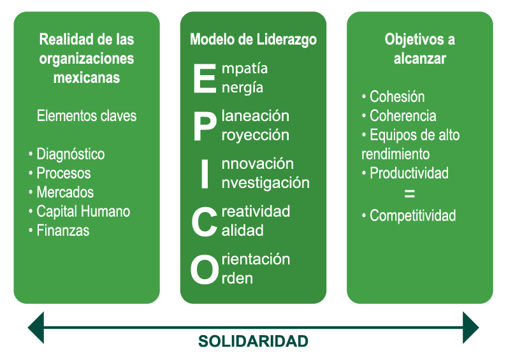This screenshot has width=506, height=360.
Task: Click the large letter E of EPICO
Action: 205,78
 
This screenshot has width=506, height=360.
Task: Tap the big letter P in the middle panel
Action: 205,126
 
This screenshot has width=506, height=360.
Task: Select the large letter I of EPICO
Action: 205,174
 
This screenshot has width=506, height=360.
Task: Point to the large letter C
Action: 204,222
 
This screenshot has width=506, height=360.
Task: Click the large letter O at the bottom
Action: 205,270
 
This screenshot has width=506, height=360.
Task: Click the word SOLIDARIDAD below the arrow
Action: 253,342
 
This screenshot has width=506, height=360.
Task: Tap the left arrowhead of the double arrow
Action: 36,328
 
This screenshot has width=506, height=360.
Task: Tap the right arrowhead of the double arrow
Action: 470,328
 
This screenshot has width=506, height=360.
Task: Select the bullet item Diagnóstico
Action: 70,154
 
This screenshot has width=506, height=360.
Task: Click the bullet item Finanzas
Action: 63,230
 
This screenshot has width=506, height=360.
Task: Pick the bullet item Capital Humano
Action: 83,212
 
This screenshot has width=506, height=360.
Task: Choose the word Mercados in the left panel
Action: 65,192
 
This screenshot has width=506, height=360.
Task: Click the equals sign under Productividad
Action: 410,194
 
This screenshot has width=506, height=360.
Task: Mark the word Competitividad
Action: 413,215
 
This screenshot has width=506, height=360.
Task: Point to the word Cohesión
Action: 397,96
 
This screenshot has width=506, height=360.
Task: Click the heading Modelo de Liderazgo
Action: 254,40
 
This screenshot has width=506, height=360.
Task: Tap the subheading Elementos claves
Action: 87,116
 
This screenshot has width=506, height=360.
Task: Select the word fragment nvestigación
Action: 266,183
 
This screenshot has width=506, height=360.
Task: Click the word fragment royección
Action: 256,135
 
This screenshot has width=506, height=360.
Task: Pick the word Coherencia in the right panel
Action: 403,116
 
